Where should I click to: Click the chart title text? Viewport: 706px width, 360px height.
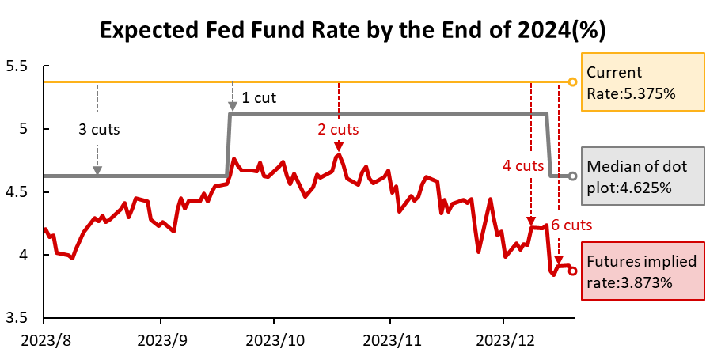(x=352, y=30)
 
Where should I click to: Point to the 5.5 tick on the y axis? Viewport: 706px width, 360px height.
(x=16, y=66)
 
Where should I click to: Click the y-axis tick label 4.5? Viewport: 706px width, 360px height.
(x=16, y=192)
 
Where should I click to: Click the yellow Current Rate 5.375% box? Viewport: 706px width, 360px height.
(x=642, y=82)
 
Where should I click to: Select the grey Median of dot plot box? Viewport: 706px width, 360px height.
(x=642, y=177)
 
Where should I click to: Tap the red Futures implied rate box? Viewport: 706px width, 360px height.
(x=642, y=271)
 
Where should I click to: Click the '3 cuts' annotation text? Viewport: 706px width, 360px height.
(x=100, y=129)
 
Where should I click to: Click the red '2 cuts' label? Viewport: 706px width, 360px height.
(x=339, y=128)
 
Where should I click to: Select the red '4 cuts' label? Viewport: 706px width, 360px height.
(x=523, y=165)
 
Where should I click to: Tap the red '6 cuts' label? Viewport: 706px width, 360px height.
(x=571, y=225)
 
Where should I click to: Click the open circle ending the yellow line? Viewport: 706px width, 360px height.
(x=573, y=81)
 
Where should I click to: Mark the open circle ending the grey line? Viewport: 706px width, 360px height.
(x=573, y=176)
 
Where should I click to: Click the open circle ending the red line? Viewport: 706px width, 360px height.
(x=573, y=271)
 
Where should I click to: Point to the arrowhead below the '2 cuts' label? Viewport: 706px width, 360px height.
(x=339, y=146)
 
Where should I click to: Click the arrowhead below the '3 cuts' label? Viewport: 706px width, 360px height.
(x=97, y=170)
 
